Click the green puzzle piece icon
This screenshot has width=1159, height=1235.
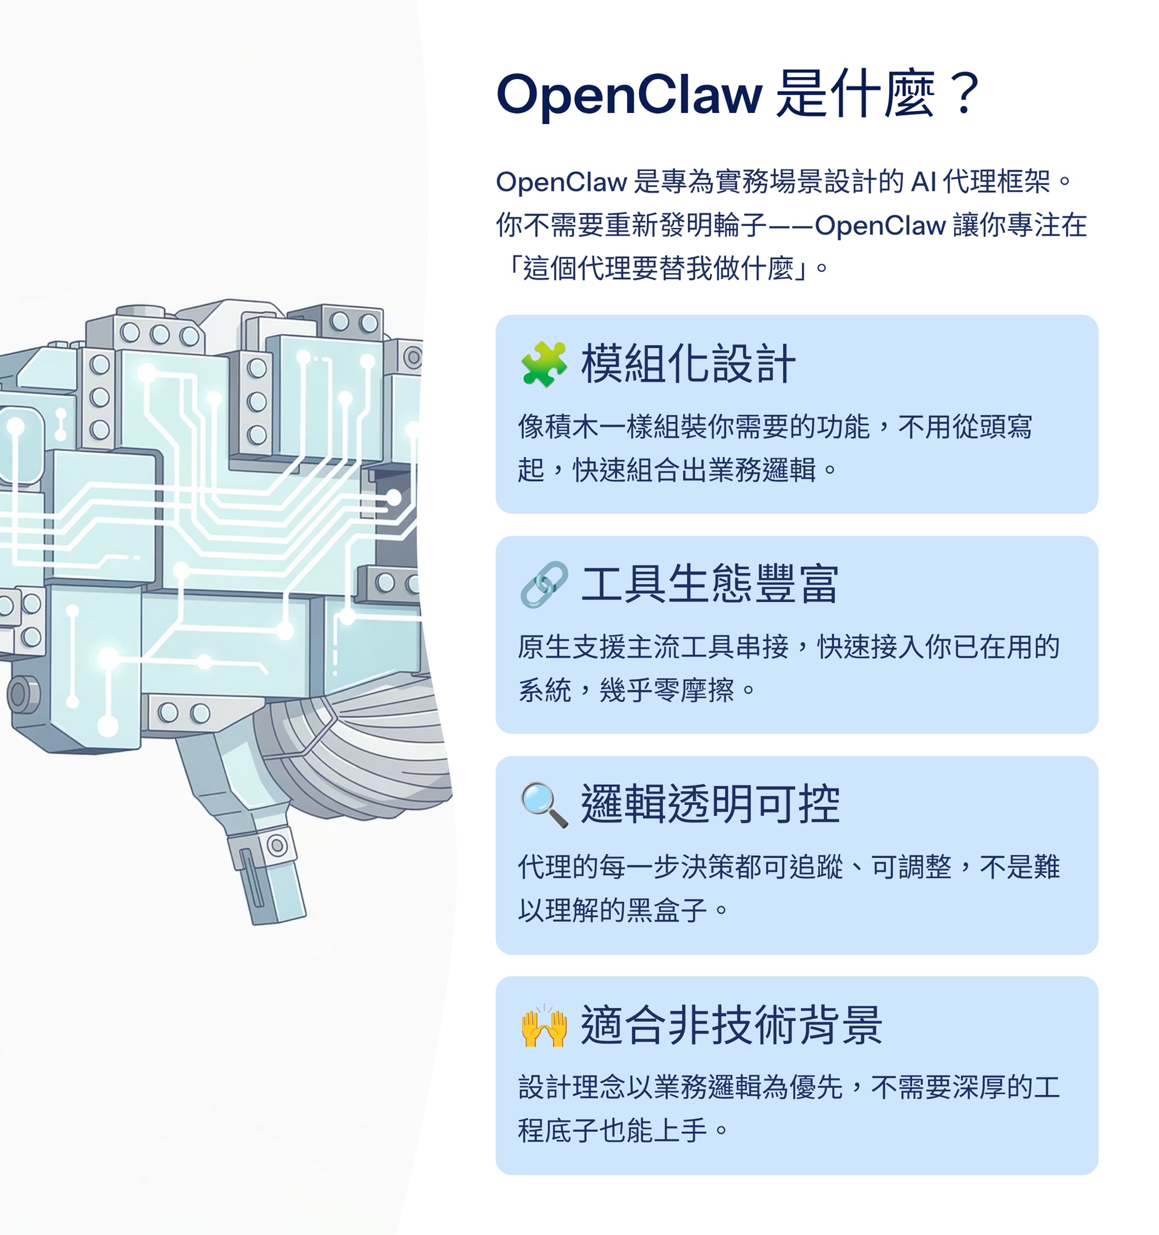point(543,364)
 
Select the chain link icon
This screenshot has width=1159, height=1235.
point(543,585)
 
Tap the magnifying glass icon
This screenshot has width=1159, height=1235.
point(543,805)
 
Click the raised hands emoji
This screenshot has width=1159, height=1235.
point(543,1026)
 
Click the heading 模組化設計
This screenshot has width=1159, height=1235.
point(688,364)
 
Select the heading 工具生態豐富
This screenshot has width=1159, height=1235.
point(710,585)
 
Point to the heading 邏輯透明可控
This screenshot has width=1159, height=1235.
point(710,805)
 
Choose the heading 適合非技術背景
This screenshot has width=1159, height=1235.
point(731,1026)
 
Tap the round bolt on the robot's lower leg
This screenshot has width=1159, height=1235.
point(277,845)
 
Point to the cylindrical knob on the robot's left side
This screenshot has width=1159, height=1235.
point(22,694)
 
